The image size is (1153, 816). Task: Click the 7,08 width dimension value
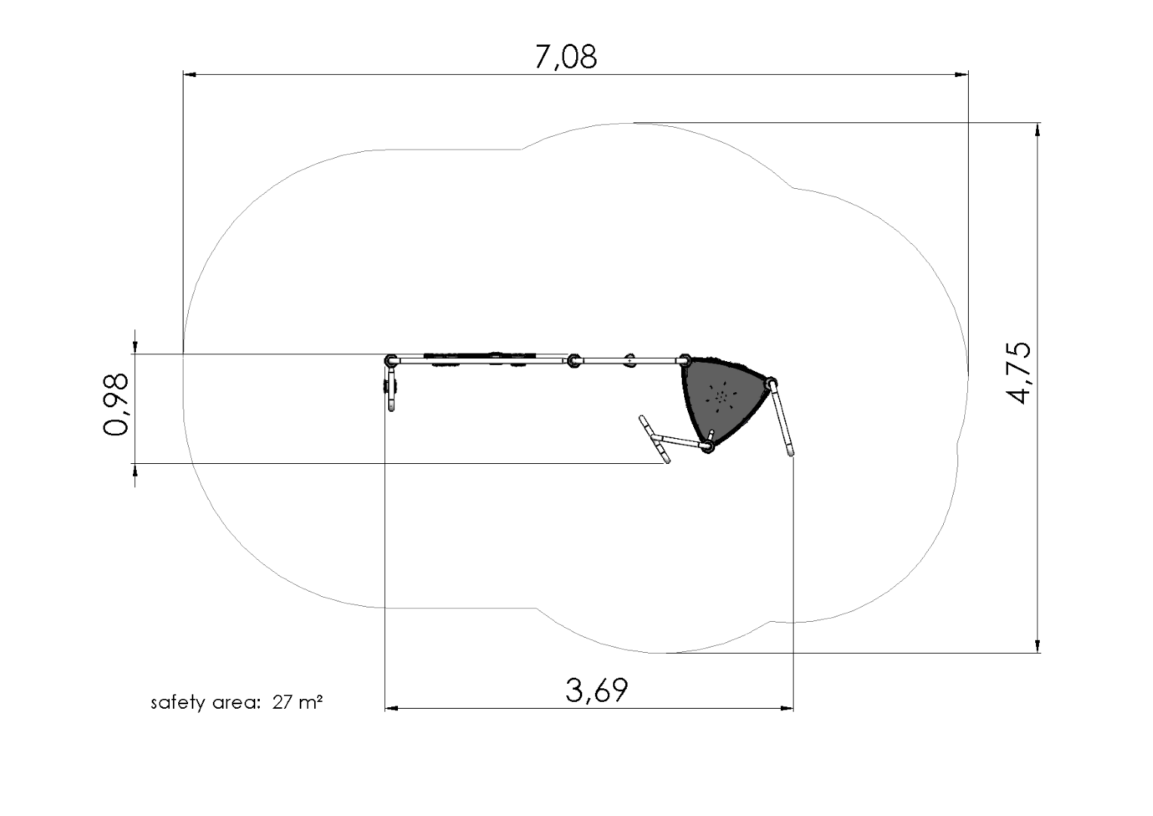point(566,57)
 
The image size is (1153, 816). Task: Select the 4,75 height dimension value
point(1018,372)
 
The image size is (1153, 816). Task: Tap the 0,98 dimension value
point(116,404)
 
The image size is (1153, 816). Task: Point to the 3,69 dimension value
point(597,691)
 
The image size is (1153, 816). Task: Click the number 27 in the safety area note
point(282,702)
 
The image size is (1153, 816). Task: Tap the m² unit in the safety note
point(310,702)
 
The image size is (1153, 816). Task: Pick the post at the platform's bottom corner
point(709,446)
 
